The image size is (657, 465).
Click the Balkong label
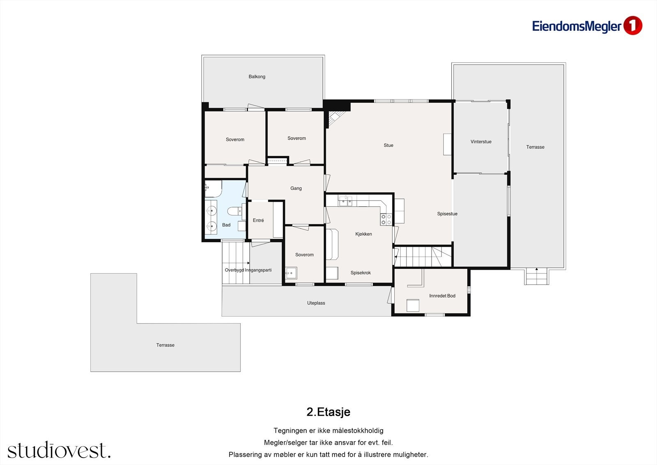coord(257,76)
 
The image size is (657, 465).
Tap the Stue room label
coord(388,145)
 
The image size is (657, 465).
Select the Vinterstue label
coord(481,141)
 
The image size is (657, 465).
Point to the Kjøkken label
coord(363,234)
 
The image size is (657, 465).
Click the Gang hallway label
coord(296,188)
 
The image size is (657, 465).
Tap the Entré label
coord(258,220)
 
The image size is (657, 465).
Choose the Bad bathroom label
coord(226,225)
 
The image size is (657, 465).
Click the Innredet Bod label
coord(442,296)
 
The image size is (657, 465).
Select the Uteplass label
coord(316,303)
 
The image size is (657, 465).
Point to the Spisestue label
coord(447,214)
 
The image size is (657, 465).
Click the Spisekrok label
coord(361,273)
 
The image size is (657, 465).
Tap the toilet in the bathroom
coord(234,211)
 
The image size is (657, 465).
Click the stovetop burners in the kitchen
coord(386,219)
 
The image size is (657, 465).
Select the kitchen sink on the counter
coord(345,201)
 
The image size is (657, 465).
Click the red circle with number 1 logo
coord(633,26)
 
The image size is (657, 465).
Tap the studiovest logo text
coord(59,450)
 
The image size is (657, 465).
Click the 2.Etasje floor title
coord(328,412)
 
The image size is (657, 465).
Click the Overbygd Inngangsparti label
coord(248,270)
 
